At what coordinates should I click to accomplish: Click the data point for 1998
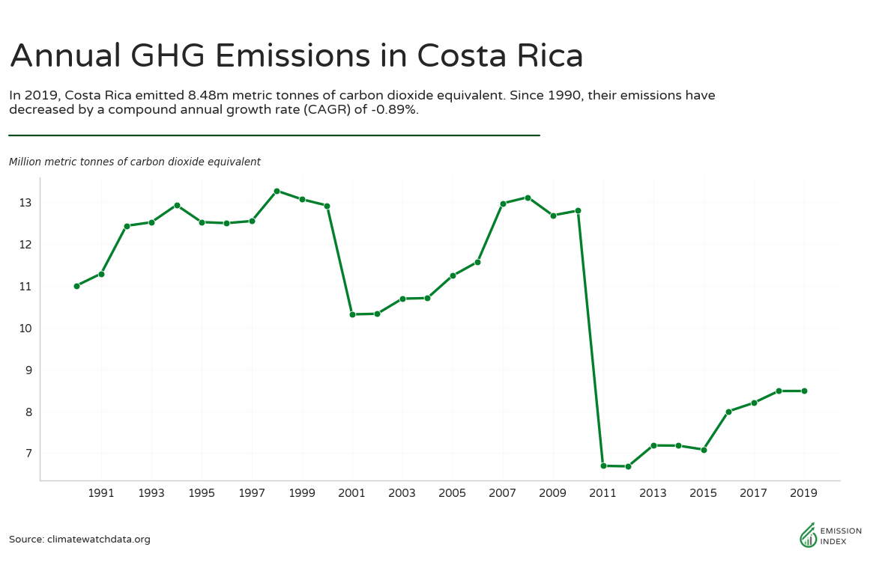click(x=277, y=191)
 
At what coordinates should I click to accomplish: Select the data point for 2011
click(x=603, y=465)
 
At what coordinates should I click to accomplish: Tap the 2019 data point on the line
click(x=804, y=391)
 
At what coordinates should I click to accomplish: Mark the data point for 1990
click(x=76, y=286)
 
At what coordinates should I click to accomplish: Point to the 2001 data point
click(x=352, y=314)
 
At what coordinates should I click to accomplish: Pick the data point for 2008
click(x=528, y=198)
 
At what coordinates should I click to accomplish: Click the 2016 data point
click(x=728, y=412)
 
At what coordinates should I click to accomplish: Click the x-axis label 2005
click(x=453, y=494)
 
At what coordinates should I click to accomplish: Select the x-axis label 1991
click(x=101, y=494)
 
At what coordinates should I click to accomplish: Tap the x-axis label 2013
click(x=653, y=494)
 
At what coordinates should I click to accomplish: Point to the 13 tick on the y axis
click(x=25, y=203)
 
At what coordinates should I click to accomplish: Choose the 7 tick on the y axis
click(x=28, y=454)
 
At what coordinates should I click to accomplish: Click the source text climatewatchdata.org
click(x=98, y=540)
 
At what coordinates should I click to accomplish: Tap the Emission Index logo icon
click(x=808, y=535)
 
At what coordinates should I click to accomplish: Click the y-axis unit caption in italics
click(x=135, y=162)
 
